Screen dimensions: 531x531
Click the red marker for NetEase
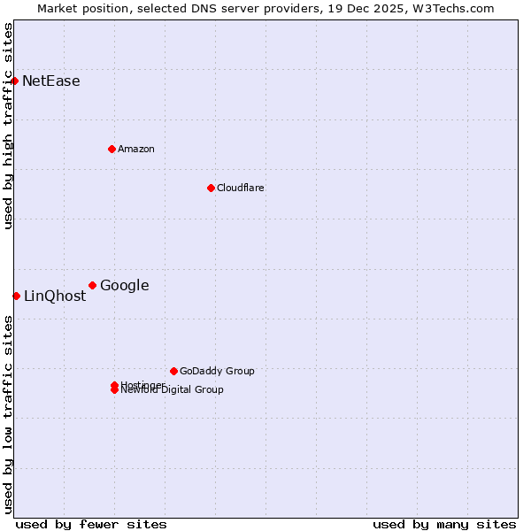[x=14, y=81]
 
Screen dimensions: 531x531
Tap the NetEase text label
[x=51, y=81]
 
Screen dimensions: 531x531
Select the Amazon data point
[x=112, y=149]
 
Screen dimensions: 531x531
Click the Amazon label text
[x=136, y=149]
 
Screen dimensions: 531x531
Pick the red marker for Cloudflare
[x=211, y=188]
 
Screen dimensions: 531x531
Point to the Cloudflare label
[x=240, y=188]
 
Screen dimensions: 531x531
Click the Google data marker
[x=92, y=285]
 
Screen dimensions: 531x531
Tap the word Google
[x=124, y=285]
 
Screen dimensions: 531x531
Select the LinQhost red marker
[x=16, y=296]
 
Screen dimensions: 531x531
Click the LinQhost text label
[x=55, y=296]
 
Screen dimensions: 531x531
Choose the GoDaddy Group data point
[x=173, y=371]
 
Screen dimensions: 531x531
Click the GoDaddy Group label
[x=217, y=371]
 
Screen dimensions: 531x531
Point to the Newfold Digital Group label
[x=173, y=390]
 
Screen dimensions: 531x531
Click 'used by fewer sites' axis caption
[x=91, y=524]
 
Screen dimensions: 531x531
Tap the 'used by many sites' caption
[x=444, y=524]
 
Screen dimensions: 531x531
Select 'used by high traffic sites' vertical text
[x=8, y=126]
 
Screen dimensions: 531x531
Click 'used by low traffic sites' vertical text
[x=8, y=414]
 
